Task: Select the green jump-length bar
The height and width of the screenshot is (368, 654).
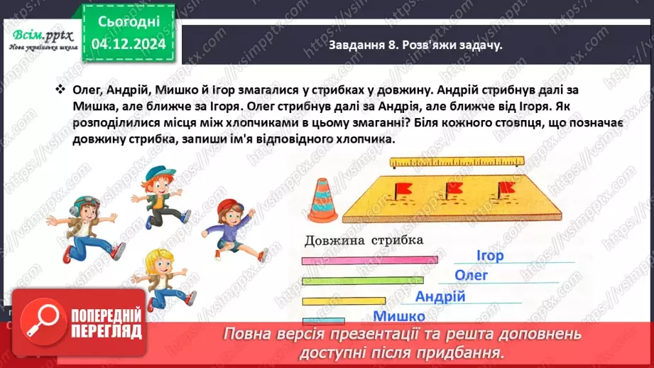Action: [x=361, y=281]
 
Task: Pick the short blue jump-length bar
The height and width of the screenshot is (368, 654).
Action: [x=323, y=321]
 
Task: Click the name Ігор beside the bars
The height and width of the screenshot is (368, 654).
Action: [x=489, y=256]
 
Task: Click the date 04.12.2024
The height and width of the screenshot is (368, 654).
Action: [x=127, y=45]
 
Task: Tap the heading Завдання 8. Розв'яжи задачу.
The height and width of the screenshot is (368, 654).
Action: [x=416, y=45]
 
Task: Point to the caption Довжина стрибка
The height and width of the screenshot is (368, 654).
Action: [x=363, y=240]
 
